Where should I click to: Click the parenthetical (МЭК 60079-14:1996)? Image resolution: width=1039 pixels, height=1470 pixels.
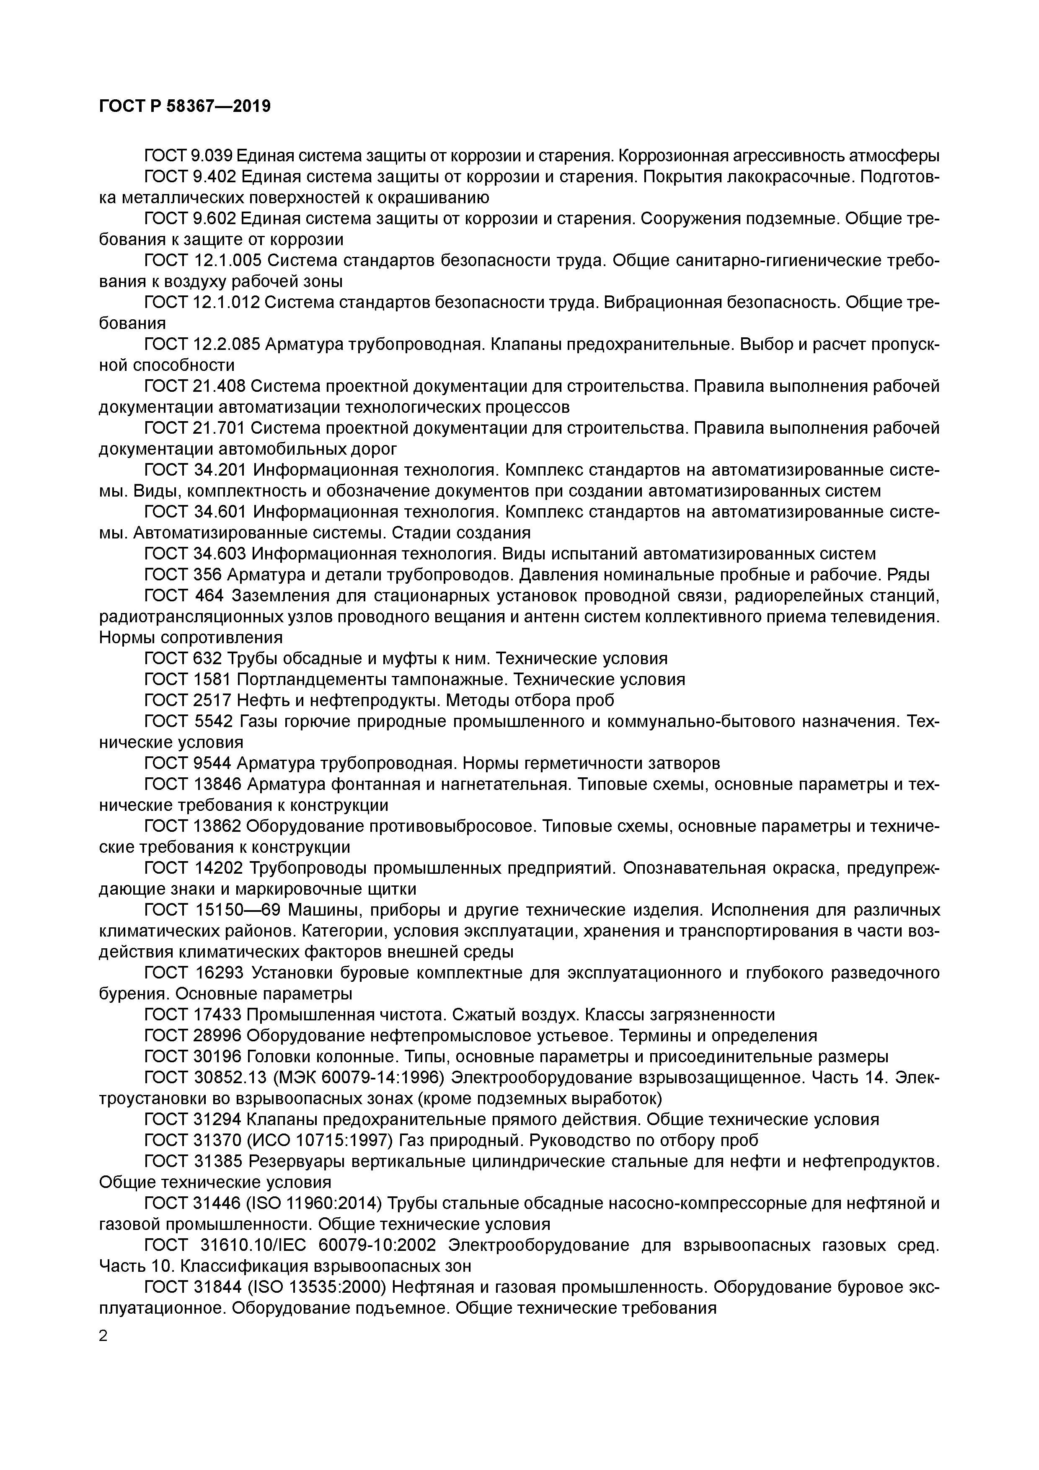point(359,1077)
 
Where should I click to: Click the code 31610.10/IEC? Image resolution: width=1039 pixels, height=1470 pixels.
point(255,1245)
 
